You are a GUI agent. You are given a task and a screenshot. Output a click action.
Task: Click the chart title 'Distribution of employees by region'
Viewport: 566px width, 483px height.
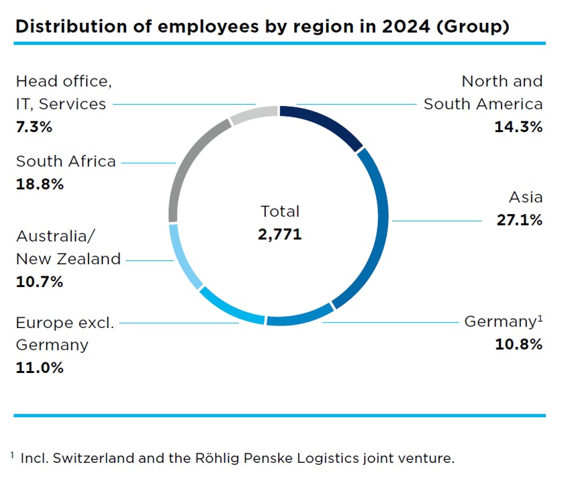pos(261,27)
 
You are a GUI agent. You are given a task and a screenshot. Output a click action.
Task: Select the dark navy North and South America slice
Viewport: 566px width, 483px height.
pos(324,124)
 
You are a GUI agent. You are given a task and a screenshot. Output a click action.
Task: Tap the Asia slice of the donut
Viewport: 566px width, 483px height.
pos(376,221)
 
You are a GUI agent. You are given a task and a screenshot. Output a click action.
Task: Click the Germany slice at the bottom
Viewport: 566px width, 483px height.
pos(299,316)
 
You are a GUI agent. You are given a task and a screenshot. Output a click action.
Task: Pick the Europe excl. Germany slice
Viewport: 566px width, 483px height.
pos(231,307)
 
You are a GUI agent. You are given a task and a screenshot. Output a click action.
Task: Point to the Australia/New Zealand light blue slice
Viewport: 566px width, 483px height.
pos(183,258)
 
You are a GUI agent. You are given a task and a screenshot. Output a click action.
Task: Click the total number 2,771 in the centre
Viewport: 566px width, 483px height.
pos(280,234)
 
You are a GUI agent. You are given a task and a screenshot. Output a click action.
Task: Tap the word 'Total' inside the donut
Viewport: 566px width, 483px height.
pos(280,211)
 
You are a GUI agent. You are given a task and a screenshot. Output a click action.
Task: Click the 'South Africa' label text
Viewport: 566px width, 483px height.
pos(66,162)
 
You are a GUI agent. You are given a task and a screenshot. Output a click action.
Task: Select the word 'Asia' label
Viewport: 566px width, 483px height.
pos(526,197)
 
